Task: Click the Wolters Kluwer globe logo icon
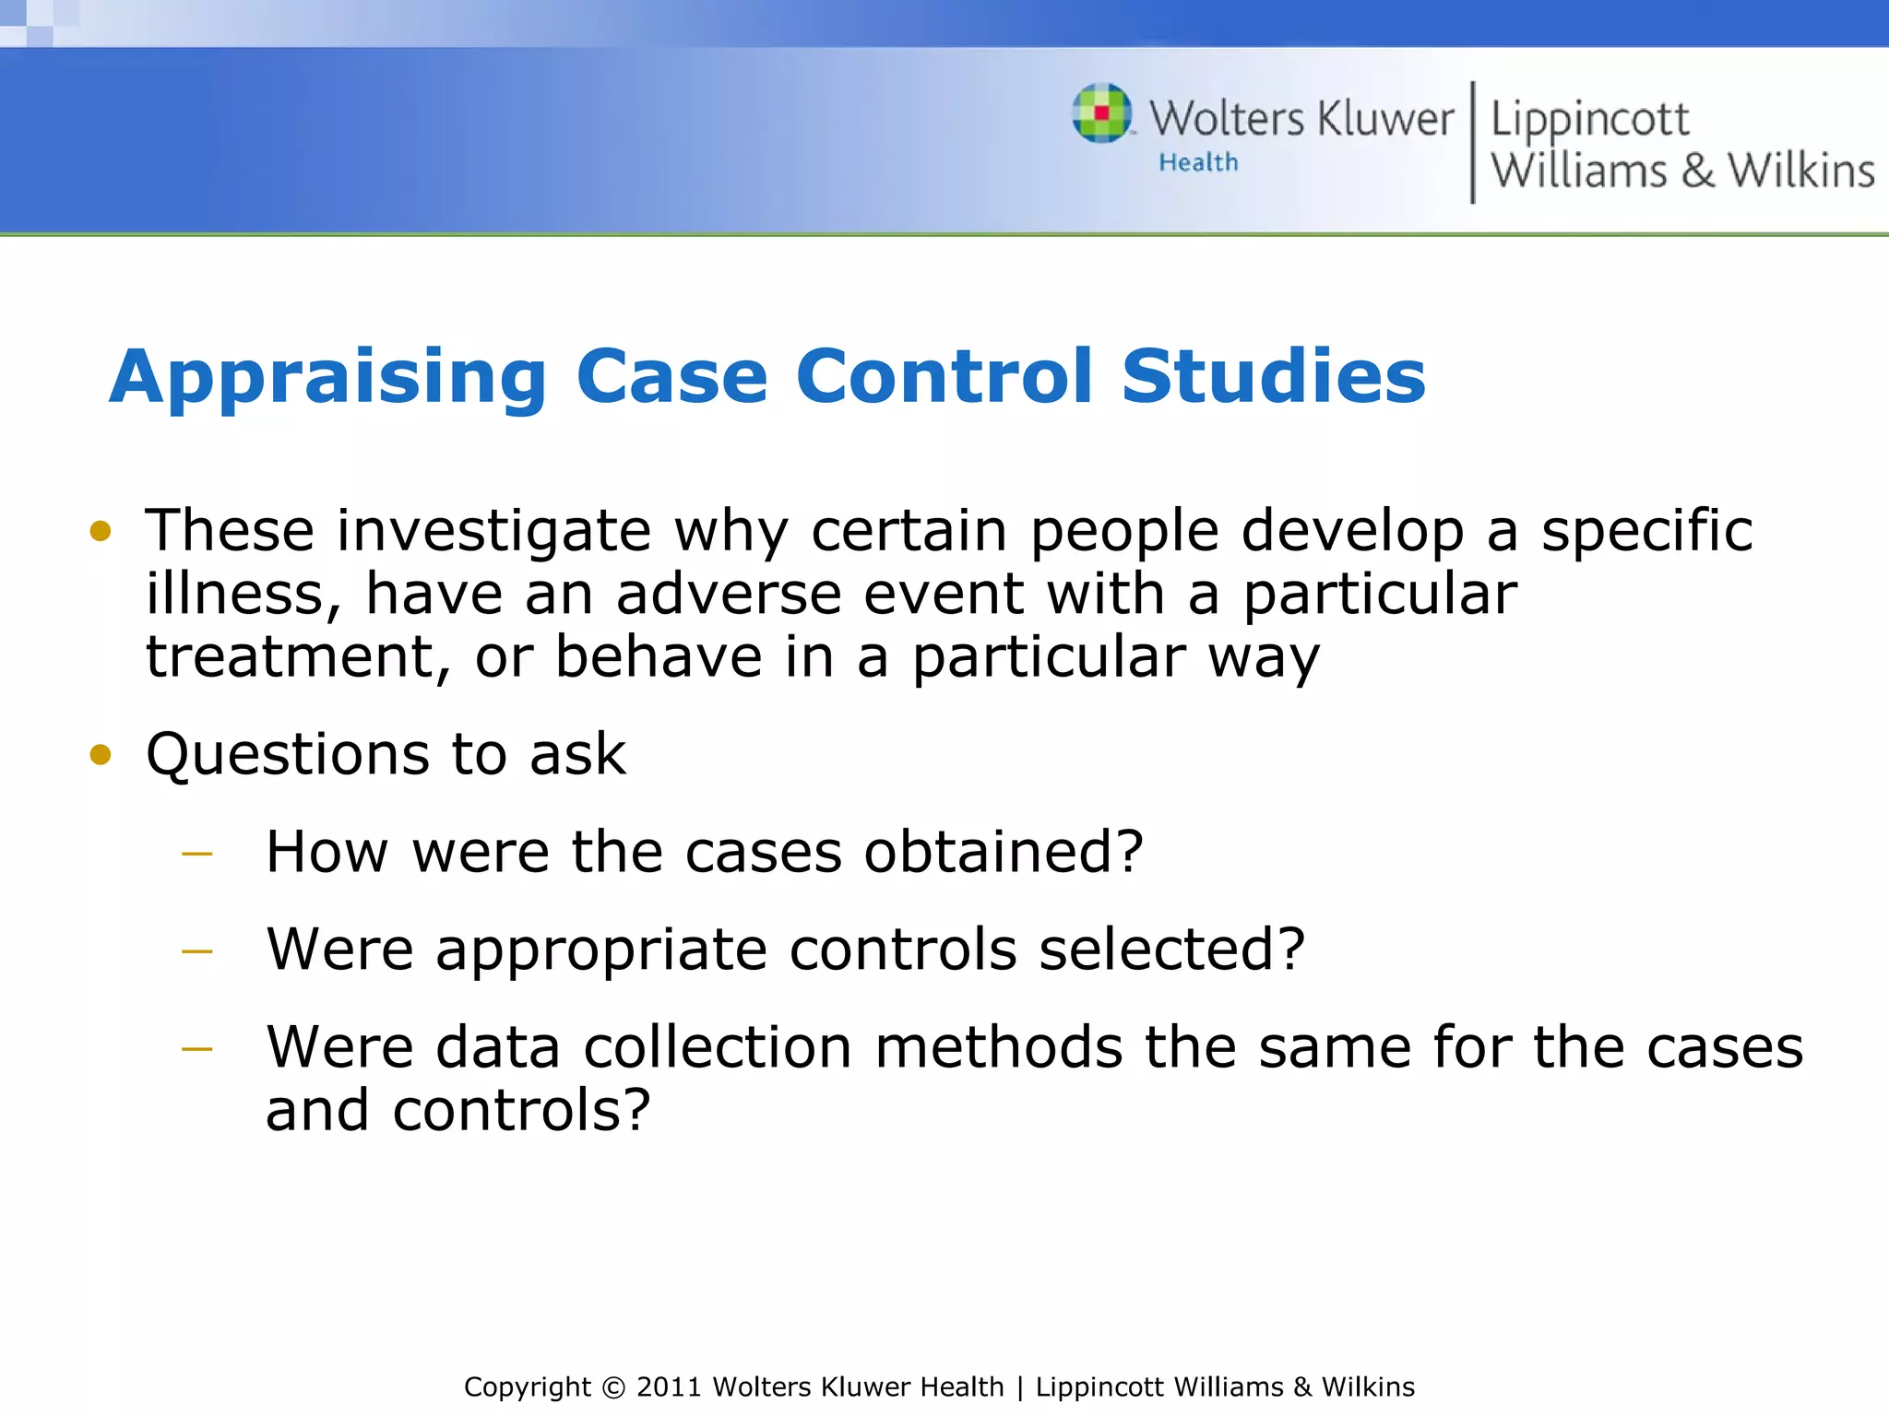pos(1101,113)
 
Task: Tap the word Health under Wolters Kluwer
pos(1198,163)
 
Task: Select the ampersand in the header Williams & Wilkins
pos(1697,171)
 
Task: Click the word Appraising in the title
pos(328,377)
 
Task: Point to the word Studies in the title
pos(1273,377)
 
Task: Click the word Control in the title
pos(944,377)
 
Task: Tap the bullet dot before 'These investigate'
pos(101,531)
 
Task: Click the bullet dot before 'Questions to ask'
pos(101,755)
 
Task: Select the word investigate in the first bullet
pos(493,532)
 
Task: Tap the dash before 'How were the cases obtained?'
pos(197,855)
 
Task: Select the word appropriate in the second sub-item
pos(600,950)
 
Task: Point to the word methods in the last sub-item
pos(998,1048)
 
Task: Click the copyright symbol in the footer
pos(612,1387)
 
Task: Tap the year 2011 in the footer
pos(670,1387)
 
